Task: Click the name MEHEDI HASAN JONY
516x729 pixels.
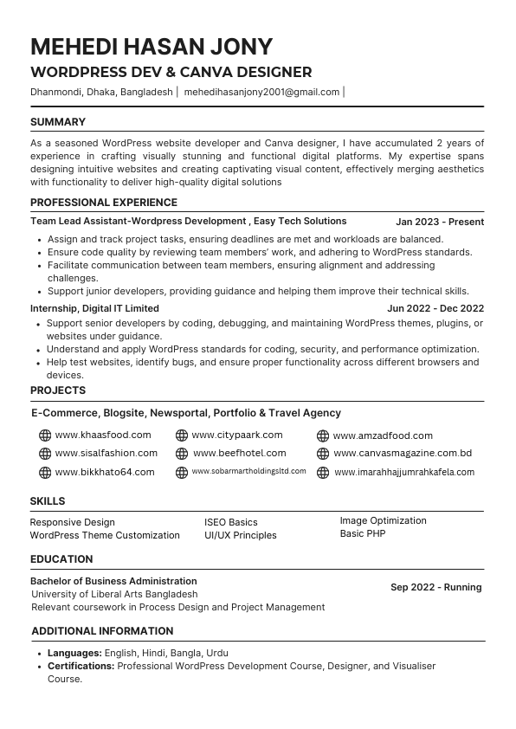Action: tap(152, 46)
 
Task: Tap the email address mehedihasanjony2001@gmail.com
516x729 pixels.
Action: tap(261, 92)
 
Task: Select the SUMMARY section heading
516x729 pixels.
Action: tap(58, 122)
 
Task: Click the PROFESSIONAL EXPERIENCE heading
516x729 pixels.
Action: tap(104, 203)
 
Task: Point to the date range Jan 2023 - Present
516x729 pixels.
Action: tap(440, 222)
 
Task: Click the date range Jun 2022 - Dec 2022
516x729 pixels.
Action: tap(435, 308)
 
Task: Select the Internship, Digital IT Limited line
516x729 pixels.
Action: tap(94, 308)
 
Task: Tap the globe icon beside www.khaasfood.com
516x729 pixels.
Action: tap(45, 435)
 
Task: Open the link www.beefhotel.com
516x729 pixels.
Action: tap(239, 453)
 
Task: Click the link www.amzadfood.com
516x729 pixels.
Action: tap(383, 435)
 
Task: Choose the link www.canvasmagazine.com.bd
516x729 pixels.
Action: tap(403, 453)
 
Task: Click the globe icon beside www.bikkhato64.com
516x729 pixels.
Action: tap(45, 473)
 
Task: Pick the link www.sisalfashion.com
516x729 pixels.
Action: tap(106, 453)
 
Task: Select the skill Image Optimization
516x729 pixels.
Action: tap(383, 520)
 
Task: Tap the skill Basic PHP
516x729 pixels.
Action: tap(363, 533)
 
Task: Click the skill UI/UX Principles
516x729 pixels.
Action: tap(241, 535)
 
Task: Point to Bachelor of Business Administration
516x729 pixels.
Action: tap(113, 581)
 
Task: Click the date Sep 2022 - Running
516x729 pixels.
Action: tap(435, 587)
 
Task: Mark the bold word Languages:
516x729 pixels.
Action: tap(74, 653)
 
